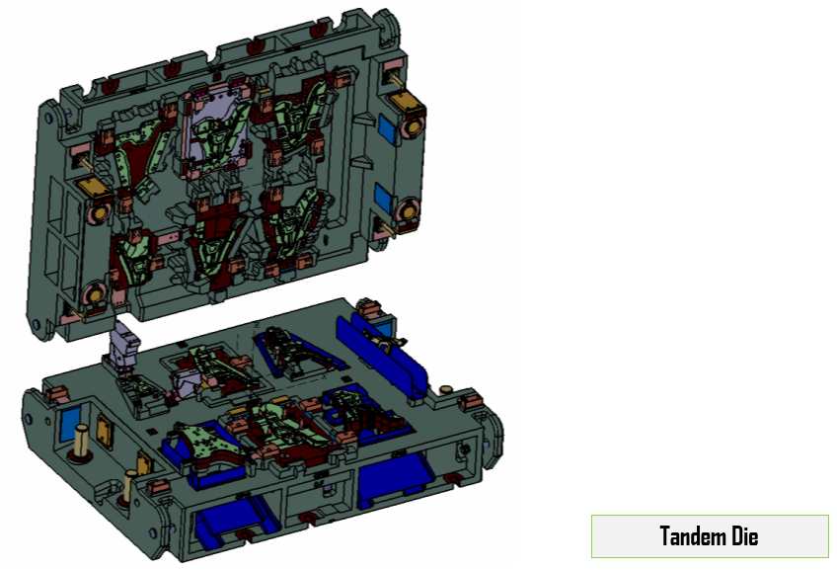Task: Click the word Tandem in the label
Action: pos(692,535)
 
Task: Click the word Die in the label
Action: pos(744,535)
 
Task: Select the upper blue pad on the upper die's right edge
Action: pos(387,130)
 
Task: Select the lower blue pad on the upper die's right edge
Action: pos(383,199)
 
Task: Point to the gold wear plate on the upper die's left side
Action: pos(93,188)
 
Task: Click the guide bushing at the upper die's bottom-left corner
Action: pos(95,295)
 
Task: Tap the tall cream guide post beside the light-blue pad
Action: pos(82,441)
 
